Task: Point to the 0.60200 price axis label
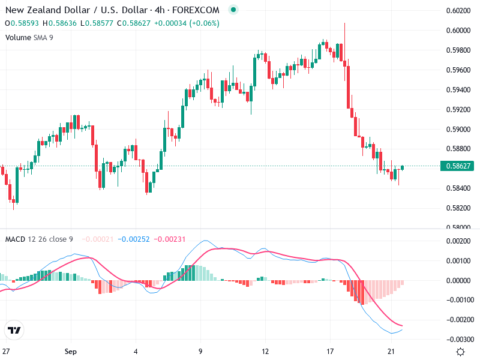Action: click(x=458, y=10)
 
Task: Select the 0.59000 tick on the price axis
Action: click(x=458, y=129)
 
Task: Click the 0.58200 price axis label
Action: click(x=458, y=208)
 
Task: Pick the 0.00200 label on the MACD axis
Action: click(x=458, y=241)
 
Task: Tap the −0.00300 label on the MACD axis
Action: click(x=457, y=340)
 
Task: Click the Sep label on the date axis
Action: click(x=71, y=351)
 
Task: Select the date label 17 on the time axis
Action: click(x=329, y=351)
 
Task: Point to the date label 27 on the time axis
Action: click(x=6, y=351)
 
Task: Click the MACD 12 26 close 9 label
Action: click(x=39, y=239)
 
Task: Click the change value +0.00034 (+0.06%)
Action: click(x=186, y=23)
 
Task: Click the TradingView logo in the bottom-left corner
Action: click(x=14, y=330)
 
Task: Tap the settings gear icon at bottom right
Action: click(x=460, y=352)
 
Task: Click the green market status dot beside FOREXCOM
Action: click(x=233, y=10)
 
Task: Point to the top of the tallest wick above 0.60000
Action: click(x=344, y=23)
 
